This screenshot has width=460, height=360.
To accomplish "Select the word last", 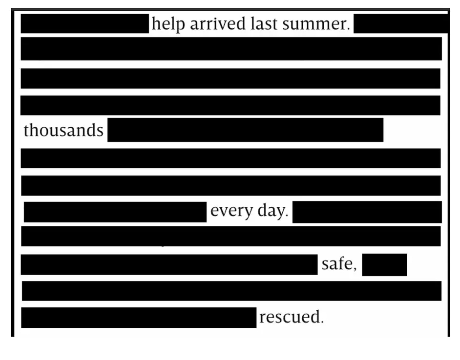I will (264, 23).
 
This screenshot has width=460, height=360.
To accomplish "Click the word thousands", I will (63, 130).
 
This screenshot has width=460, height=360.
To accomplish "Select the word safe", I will (337, 264).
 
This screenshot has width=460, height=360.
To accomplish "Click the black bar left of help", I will (84, 24).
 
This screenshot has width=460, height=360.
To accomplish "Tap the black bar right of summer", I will (400, 24).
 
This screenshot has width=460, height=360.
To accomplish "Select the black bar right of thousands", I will (245, 130).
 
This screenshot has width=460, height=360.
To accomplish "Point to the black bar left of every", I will (115, 212).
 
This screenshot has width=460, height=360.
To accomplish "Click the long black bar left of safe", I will (169, 264).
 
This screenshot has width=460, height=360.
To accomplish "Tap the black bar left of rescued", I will (139, 318).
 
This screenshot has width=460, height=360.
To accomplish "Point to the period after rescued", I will (322, 322).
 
